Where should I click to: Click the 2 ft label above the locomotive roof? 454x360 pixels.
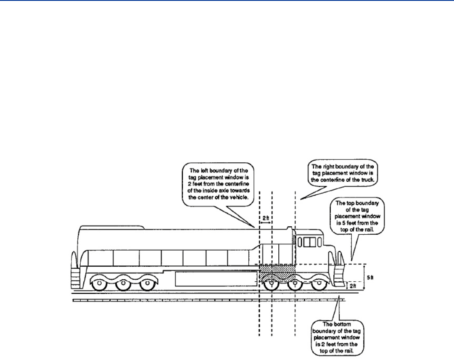click(x=265, y=219)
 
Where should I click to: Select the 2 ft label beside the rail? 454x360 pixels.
click(x=353, y=286)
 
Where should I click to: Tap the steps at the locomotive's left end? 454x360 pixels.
click(x=76, y=278)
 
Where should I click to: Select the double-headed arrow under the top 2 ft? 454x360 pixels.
click(x=265, y=224)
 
